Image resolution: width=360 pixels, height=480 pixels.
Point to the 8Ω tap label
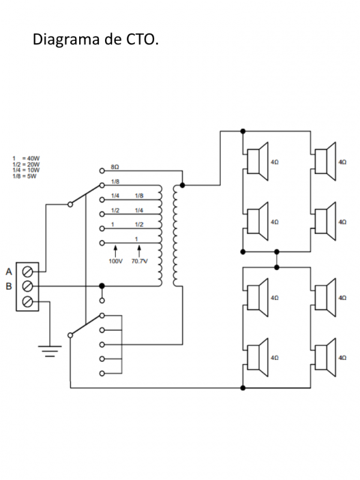click(115, 166)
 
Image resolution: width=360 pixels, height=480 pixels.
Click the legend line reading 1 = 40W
click(26, 158)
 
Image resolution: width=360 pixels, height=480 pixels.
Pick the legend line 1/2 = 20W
click(26, 164)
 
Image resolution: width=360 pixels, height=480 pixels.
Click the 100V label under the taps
click(115, 262)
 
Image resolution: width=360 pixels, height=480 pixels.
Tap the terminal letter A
click(9, 271)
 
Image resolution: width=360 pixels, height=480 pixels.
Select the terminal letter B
click(9, 286)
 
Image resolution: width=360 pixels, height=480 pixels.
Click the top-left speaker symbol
click(257, 161)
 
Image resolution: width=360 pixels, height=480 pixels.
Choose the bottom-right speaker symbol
click(325, 357)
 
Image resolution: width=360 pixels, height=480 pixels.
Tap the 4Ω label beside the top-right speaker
click(343, 162)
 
